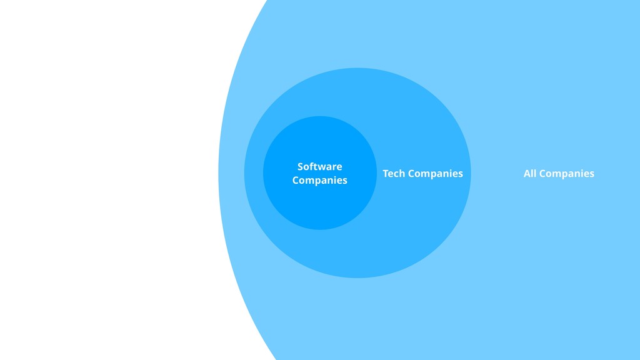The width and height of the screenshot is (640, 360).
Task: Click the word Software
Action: pyautogui.click(x=319, y=166)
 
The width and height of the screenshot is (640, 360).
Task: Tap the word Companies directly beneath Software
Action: pyautogui.click(x=319, y=181)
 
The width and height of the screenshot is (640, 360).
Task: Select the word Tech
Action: pyautogui.click(x=394, y=173)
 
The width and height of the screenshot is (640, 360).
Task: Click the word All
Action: pyautogui.click(x=530, y=173)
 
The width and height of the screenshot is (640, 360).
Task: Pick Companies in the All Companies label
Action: pyautogui.click(x=567, y=174)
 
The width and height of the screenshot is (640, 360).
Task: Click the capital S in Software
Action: pyautogui.click(x=300, y=166)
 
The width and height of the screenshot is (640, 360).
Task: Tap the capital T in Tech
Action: pyautogui.click(x=386, y=173)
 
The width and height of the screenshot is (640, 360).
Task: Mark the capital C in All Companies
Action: pyautogui.click(x=542, y=173)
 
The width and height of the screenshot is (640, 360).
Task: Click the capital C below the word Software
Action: pyautogui.click(x=296, y=180)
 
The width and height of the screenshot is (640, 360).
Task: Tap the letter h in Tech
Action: pyautogui.click(x=402, y=173)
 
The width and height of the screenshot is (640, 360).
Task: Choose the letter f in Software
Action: pyautogui.click(x=312, y=166)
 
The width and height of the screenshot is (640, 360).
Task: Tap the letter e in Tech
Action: pyautogui.click(x=391, y=174)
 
